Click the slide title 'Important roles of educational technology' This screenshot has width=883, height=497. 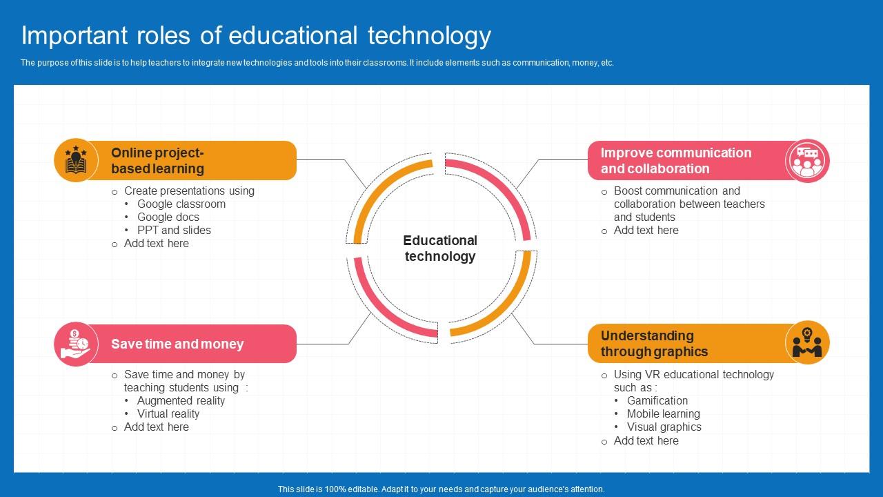(x=256, y=37)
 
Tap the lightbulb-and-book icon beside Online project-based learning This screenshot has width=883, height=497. (x=76, y=159)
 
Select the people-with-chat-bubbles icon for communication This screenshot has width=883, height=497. (x=807, y=161)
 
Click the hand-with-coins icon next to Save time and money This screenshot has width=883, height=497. (x=76, y=344)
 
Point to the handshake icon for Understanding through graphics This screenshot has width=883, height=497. (x=807, y=343)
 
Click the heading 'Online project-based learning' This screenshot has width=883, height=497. (x=158, y=161)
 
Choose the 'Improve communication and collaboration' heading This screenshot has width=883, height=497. (x=676, y=161)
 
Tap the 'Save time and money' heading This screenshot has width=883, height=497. (x=177, y=344)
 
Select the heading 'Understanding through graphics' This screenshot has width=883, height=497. (x=655, y=344)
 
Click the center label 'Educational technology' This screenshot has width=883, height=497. (x=440, y=248)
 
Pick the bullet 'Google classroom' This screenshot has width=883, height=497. (x=181, y=204)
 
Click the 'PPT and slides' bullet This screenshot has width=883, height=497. (x=174, y=230)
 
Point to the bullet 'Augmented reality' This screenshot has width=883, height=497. (x=181, y=401)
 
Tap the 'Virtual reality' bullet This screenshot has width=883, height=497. (x=168, y=413)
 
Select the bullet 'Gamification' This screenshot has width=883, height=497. (x=657, y=401)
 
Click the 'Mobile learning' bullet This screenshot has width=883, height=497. (x=664, y=413)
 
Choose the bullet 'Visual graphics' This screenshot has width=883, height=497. (x=664, y=427)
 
